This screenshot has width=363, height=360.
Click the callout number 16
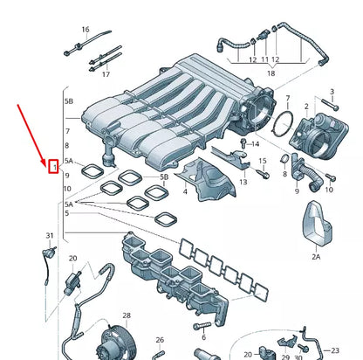86,30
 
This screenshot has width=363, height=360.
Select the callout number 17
106,74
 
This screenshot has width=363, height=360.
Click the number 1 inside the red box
53,164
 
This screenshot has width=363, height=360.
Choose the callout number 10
68,189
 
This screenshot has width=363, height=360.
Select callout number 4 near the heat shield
184,190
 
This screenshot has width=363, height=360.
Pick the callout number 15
263,162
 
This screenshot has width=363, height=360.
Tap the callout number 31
50,237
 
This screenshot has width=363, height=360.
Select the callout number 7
68,131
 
